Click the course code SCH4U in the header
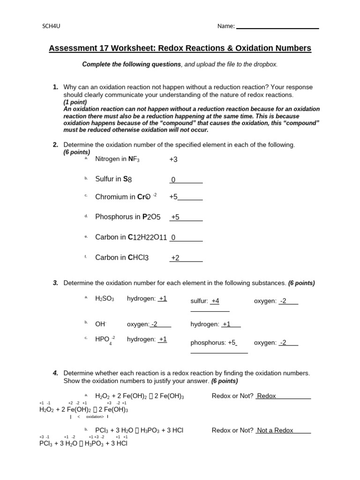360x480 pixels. (x=52, y=26)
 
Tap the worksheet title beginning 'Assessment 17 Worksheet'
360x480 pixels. (x=180, y=48)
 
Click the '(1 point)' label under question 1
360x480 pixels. (x=75, y=102)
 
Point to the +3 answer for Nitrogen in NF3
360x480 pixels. (x=173, y=159)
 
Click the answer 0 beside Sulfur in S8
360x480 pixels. (x=173, y=180)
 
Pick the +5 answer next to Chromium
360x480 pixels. (x=173, y=197)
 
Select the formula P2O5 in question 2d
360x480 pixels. (x=151, y=217)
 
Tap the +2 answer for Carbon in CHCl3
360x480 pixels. (x=175, y=257)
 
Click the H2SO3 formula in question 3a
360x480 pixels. (x=105, y=299)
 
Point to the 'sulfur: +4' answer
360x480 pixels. (x=205, y=301)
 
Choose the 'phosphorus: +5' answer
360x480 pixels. (x=213, y=343)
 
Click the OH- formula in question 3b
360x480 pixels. (x=101, y=324)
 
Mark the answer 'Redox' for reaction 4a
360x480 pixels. (x=267, y=396)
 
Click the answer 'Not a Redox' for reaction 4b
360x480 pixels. (x=275, y=430)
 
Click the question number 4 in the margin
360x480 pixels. (x=55, y=373)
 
